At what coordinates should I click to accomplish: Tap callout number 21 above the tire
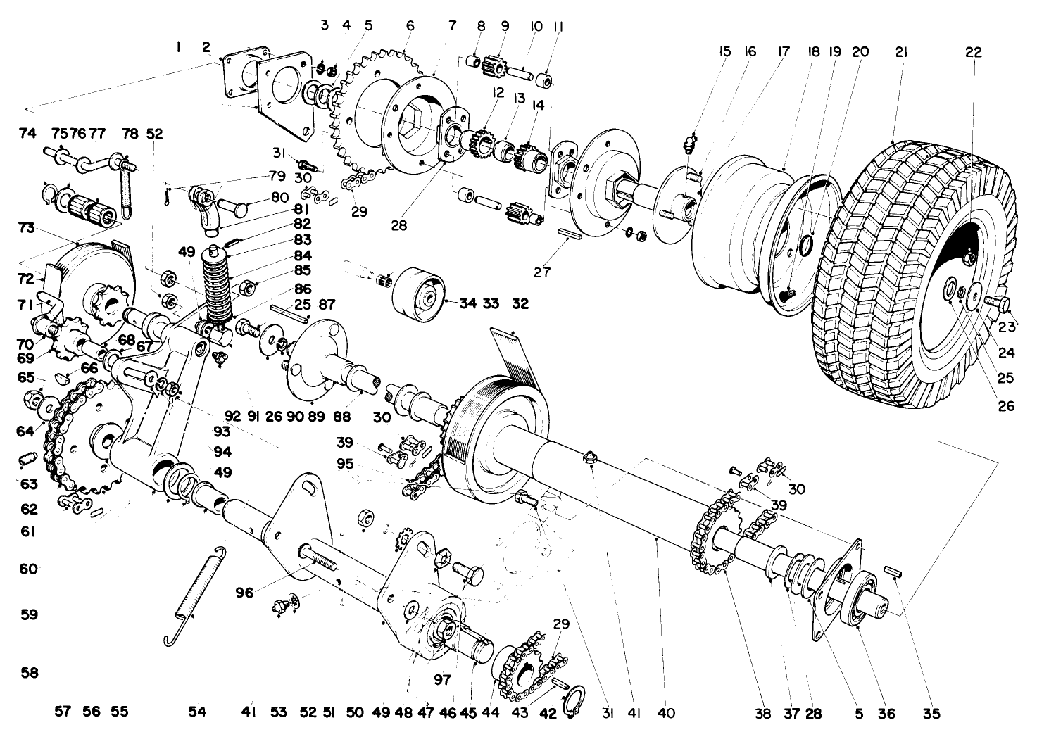coord(900,52)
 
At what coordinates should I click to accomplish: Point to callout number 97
coord(441,681)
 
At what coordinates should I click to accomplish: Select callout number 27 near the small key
coord(541,272)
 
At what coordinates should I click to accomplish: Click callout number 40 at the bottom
coord(665,714)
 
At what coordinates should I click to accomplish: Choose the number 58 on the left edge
coord(29,674)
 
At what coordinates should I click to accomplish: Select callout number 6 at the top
coord(410,26)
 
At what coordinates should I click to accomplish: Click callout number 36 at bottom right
coord(886,714)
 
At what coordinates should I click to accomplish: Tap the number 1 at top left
coord(180,47)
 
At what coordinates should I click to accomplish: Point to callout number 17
coord(784,52)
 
